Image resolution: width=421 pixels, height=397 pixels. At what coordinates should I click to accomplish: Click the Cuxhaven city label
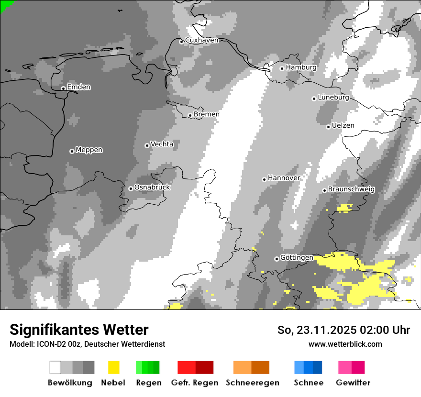(x=201, y=41)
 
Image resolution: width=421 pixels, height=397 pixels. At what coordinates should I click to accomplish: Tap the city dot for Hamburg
(x=282, y=68)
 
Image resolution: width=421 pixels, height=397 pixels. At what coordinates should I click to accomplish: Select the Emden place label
(x=78, y=87)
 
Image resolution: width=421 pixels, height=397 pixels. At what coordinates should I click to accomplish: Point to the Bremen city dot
(x=190, y=115)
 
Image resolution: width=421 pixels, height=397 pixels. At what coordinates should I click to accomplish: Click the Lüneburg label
(x=333, y=98)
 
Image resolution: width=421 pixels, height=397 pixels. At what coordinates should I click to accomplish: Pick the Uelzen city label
(x=343, y=126)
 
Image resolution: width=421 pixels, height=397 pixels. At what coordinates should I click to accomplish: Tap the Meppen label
(x=89, y=150)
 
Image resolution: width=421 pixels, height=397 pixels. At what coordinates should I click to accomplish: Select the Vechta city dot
(x=147, y=145)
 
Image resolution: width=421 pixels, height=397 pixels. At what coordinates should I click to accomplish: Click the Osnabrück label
(x=152, y=187)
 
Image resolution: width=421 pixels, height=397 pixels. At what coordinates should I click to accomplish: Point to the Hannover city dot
(x=264, y=179)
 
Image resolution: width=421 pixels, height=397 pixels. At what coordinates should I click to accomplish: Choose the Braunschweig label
(x=351, y=189)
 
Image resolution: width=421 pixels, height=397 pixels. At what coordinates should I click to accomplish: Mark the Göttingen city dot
(x=277, y=259)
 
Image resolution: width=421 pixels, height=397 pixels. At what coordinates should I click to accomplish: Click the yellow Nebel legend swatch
(x=113, y=367)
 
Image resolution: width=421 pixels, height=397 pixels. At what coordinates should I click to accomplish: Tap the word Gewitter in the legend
(x=353, y=383)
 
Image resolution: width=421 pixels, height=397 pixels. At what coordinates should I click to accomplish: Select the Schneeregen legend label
(x=252, y=383)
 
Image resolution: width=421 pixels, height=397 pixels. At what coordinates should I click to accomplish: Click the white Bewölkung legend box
(x=55, y=367)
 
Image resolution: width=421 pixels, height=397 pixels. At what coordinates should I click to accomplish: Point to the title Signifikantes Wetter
(x=79, y=330)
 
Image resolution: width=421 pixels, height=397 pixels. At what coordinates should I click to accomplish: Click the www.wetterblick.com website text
(x=345, y=344)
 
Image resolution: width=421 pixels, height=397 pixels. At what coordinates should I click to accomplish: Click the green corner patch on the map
(x=4, y=4)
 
